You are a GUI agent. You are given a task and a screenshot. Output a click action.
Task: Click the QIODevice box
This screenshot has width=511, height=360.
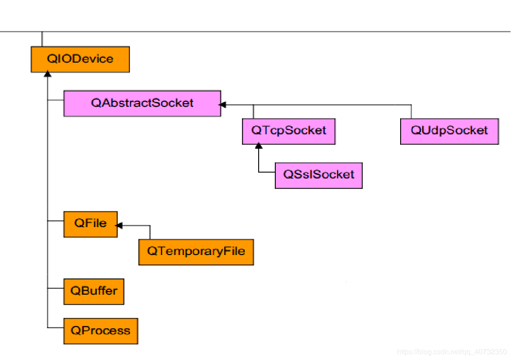point(80,59)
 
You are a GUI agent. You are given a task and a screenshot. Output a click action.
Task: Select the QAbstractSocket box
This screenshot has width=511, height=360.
point(142,103)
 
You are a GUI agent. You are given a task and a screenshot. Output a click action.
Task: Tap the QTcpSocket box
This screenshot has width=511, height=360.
point(288,131)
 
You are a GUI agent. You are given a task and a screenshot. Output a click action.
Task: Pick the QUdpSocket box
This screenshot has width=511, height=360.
point(449,131)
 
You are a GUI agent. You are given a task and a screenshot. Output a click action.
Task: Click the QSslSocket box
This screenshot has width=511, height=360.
point(319,175)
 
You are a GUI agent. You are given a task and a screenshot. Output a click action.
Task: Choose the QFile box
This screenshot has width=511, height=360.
point(91,224)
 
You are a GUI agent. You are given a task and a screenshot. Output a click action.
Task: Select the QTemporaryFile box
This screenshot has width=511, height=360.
point(196,252)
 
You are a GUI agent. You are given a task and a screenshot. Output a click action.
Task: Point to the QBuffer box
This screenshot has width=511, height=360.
point(94,291)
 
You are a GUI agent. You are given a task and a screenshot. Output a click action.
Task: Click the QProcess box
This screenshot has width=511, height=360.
point(100,331)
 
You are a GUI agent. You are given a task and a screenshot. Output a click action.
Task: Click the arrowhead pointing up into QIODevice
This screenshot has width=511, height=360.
point(47,74)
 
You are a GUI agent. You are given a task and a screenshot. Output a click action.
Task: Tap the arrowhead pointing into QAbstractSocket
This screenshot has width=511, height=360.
point(222,105)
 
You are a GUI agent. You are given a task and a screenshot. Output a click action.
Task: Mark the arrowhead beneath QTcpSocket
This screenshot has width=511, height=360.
point(259,146)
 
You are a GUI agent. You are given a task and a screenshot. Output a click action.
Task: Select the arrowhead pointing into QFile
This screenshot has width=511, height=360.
point(119,225)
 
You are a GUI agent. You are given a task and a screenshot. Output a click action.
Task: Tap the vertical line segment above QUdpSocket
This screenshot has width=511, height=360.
point(411,111)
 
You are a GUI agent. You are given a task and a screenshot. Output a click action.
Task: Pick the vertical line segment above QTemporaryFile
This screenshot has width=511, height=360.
point(150,232)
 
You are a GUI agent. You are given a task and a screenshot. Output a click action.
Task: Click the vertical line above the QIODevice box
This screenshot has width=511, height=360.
point(42,39)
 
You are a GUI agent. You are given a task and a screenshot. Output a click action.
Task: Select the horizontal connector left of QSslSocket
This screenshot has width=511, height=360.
point(267,172)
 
